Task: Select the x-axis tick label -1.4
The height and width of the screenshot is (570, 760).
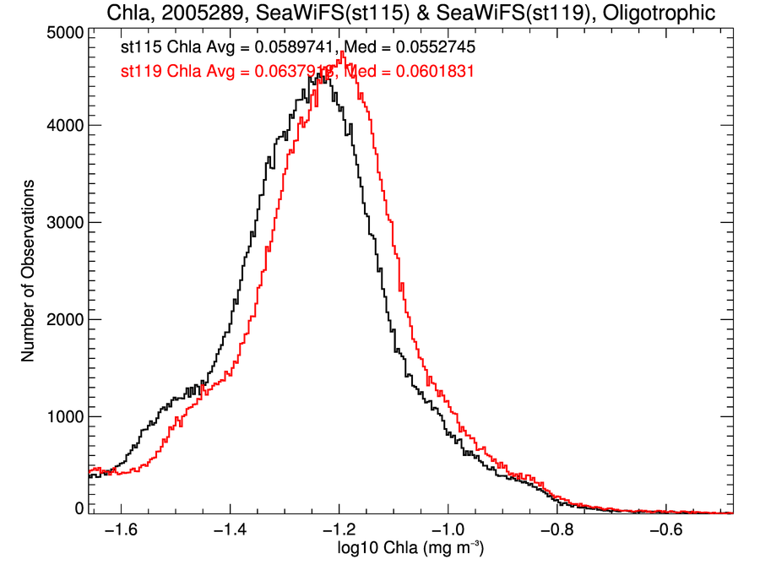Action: coord(230,531)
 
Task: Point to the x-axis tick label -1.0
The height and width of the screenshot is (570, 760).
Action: coord(447,531)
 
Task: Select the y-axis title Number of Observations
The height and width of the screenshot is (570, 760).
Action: coord(28,271)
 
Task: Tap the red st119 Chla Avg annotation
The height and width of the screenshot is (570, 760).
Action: coord(228,72)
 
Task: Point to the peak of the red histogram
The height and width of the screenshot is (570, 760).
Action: coord(343,52)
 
